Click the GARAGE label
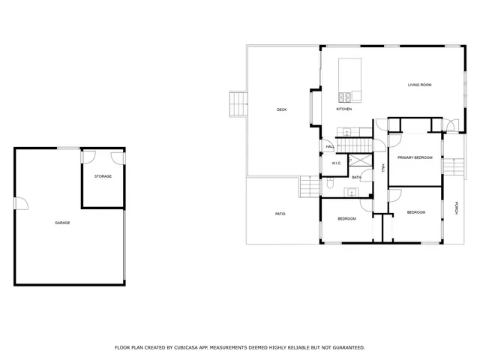point(62,223)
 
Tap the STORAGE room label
point(103,176)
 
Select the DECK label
point(281,109)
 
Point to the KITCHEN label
point(343,109)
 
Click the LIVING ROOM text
point(419,85)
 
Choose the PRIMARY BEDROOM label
point(415,157)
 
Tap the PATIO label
point(280,214)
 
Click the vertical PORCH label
point(456,208)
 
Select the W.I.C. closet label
point(337,163)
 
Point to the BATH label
point(357,177)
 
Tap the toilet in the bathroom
point(330,183)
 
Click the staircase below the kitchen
point(354,142)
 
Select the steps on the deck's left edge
point(238,104)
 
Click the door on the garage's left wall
point(20,203)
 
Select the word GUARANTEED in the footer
point(347,347)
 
